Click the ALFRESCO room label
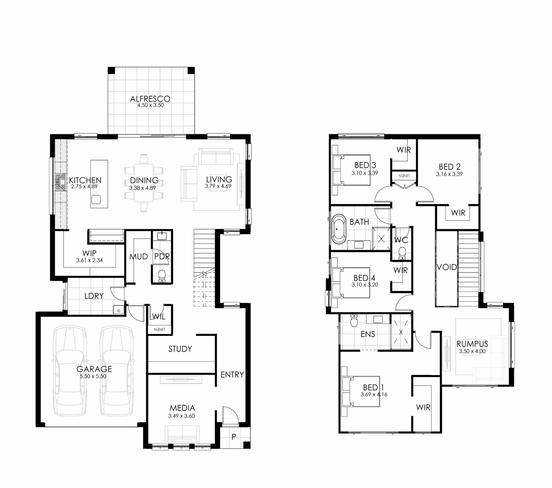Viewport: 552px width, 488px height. pos(150,99)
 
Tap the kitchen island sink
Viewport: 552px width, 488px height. pos(96,200)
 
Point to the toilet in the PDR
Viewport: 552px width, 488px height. pos(162,276)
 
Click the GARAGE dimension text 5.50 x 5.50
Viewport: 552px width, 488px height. pos(93,376)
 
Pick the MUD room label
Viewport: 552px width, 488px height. pos(139,256)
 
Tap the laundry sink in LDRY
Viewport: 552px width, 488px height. pos(119,310)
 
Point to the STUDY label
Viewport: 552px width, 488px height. pos(180,349)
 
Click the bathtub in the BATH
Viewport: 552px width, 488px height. pos(339,229)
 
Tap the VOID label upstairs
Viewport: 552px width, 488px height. pos(447,267)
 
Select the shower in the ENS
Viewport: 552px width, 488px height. pos(401,332)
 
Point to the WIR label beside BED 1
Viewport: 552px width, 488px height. pos(423,408)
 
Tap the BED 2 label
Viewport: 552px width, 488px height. pos(449,167)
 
